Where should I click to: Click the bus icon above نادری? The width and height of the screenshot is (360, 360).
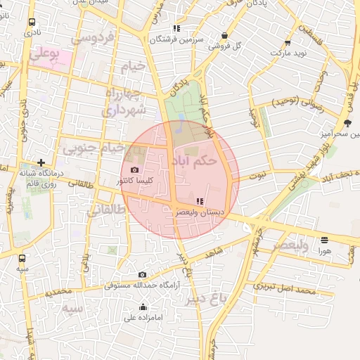click(31, 22)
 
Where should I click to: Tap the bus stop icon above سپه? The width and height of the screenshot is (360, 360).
click(23, 258)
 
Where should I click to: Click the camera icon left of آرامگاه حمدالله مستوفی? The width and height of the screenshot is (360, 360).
click(143, 274)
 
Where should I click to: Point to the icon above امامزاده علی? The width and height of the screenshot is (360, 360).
click(143, 307)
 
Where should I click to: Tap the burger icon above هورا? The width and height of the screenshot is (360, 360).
click(324, 240)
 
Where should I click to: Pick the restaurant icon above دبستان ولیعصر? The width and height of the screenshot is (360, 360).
click(199, 200)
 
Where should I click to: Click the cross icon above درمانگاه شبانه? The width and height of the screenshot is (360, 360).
click(41, 162)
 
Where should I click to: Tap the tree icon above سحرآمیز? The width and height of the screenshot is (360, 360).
click(347, 123)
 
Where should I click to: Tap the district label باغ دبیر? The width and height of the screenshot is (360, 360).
click(209, 297)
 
